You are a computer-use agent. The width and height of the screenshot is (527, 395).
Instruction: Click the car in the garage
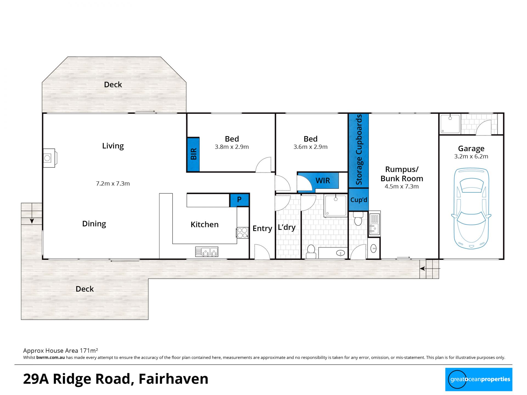click(471, 208)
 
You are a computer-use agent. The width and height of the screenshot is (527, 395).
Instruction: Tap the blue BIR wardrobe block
click(193, 154)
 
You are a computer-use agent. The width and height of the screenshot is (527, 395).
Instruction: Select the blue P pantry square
click(239, 200)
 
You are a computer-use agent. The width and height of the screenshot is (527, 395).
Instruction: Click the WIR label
click(323, 180)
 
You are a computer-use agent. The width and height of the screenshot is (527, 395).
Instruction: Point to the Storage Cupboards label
click(359, 150)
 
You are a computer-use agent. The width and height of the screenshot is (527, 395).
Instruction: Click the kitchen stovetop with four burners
click(242, 233)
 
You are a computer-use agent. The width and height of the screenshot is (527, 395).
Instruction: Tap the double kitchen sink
click(207, 252)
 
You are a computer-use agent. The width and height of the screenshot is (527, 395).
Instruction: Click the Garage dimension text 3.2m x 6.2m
click(471, 156)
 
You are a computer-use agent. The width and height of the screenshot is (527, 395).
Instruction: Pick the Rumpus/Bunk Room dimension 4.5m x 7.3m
click(402, 187)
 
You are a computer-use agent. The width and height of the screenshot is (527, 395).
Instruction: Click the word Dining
click(94, 224)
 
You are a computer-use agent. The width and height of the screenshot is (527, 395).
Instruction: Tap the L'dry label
click(287, 227)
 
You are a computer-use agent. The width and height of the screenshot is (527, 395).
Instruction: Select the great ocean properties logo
click(479, 379)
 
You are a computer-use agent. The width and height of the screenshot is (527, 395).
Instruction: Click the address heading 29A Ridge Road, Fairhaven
click(116, 379)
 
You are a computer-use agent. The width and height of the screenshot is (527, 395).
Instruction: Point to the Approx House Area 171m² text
click(61, 351)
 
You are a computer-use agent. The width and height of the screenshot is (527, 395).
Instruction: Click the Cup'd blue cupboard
click(358, 200)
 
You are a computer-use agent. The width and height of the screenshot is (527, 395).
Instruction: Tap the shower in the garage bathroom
click(450, 124)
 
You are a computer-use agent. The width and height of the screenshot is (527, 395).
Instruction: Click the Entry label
click(262, 228)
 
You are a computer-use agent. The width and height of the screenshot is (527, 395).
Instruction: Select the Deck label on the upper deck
click(113, 84)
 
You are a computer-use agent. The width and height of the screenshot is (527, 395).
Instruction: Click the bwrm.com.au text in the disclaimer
click(51, 357)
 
